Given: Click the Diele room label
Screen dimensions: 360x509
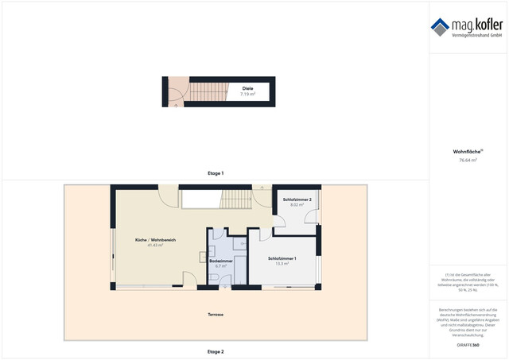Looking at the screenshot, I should (247, 88).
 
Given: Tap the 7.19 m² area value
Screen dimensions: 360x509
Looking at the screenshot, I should (247, 94).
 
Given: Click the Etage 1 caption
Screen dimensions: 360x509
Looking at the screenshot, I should (216, 172).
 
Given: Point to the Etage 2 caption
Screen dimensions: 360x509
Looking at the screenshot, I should (216, 351).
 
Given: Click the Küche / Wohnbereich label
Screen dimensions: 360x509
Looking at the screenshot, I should (155, 239).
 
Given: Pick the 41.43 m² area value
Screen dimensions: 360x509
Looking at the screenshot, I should (155, 245).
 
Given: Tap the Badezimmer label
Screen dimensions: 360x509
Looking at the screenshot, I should (221, 260).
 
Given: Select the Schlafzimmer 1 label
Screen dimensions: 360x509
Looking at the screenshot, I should (282, 258).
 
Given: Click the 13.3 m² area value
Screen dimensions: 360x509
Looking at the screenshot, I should (282, 264).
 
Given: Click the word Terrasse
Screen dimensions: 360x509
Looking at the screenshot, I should (216, 315).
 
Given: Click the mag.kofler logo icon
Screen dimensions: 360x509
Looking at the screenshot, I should (440, 27).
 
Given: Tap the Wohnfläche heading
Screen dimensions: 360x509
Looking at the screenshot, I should (468, 151).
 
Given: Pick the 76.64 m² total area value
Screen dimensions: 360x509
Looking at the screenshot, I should (468, 160).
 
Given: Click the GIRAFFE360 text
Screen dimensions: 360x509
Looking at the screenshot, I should (468, 345).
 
